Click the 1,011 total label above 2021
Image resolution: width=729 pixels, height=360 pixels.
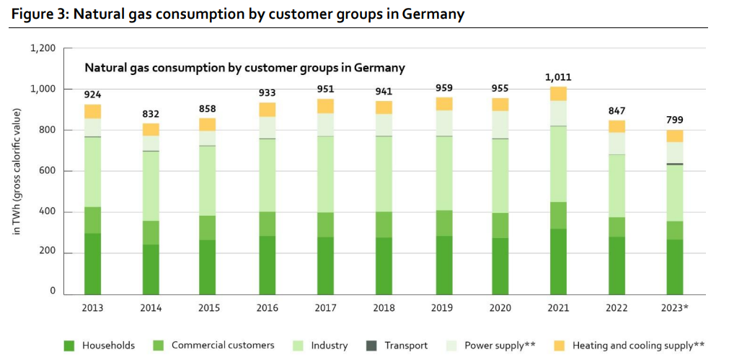click(x=557, y=76)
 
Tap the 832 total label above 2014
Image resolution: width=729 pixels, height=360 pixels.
click(x=150, y=113)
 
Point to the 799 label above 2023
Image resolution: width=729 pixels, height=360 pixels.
click(x=674, y=120)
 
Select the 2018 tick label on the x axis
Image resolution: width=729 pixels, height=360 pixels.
click(x=383, y=308)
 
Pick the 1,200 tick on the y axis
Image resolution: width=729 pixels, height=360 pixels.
click(x=43, y=48)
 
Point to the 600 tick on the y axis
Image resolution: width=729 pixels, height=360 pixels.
click(x=48, y=171)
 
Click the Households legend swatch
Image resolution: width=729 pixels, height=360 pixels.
click(x=69, y=346)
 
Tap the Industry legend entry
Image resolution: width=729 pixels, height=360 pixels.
click(x=329, y=346)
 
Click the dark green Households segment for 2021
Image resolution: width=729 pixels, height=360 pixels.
click(x=558, y=261)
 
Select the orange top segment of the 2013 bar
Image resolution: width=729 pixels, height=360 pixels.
click(x=92, y=111)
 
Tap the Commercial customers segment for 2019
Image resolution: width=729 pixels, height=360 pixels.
click(x=441, y=223)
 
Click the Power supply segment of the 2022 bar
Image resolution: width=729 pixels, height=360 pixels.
click(x=617, y=143)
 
